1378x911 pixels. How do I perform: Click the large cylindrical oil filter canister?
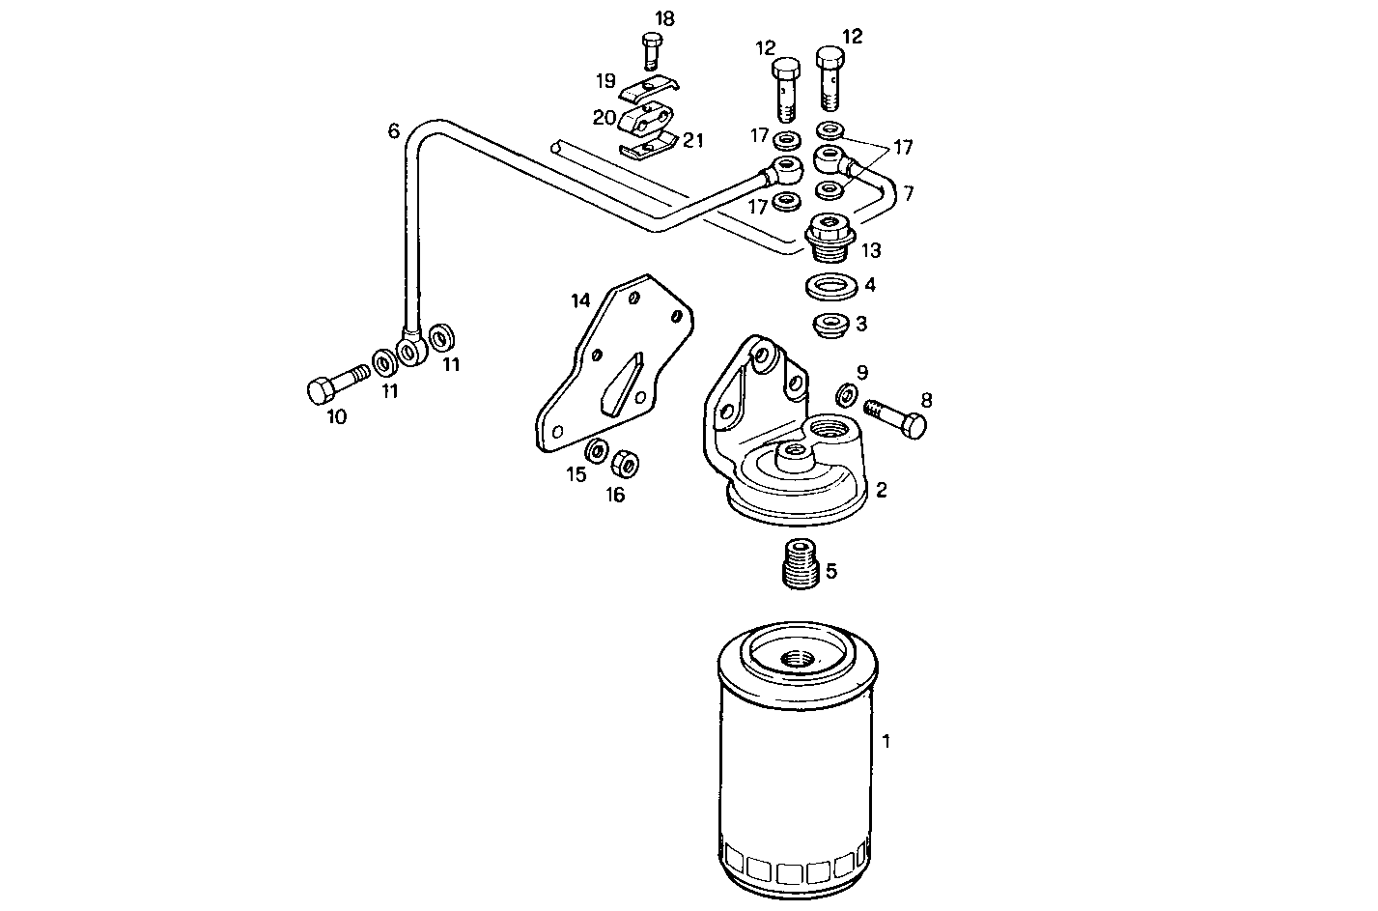click(x=798, y=773)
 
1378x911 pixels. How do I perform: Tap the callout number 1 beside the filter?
click(x=886, y=741)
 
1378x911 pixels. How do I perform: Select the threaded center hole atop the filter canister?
click(x=798, y=662)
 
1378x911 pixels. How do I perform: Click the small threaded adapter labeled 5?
click(x=800, y=562)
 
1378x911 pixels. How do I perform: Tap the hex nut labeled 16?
click(x=626, y=464)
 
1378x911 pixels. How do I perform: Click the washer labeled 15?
click(x=597, y=451)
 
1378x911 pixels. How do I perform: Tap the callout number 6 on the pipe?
click(x=393, y=131)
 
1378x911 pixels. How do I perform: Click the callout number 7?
click(x=907, y=193)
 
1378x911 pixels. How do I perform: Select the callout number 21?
click(x=693, y=141)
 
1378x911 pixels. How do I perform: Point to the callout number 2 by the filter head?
click(x=881, y=489)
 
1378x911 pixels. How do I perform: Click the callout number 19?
click(x=605, y=79)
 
